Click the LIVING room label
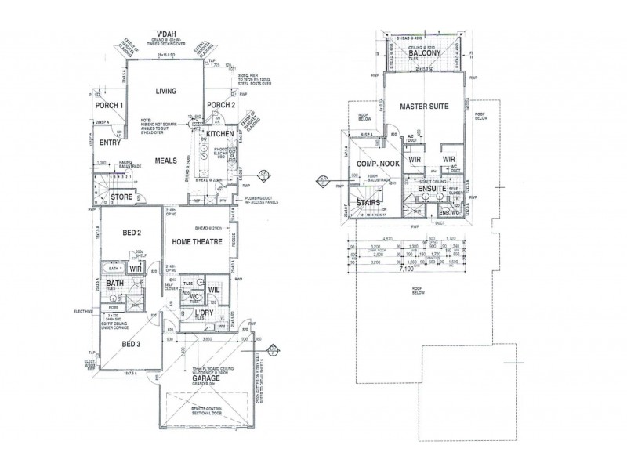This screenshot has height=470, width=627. (165, 91)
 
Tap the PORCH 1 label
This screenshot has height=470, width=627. (110, 106)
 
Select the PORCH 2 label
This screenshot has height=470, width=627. (221, 106)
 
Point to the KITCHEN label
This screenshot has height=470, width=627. (219, 134)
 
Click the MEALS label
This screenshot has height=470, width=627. (165, 160)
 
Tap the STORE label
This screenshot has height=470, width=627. (121, 197)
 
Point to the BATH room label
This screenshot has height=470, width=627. (114, 284)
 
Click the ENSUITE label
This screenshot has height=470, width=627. (432, 189)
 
